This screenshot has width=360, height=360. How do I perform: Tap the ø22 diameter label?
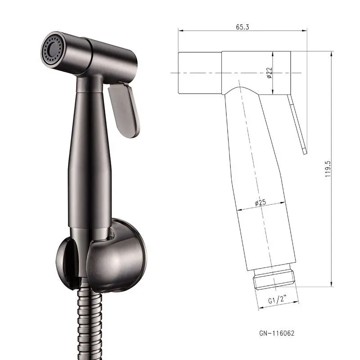[x=269, y=72]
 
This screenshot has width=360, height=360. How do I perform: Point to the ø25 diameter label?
[x=261, y=203]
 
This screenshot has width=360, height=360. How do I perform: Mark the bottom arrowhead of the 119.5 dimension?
[x=332, y=284]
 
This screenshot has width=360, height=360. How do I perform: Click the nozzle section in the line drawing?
[x=200, y=73]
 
